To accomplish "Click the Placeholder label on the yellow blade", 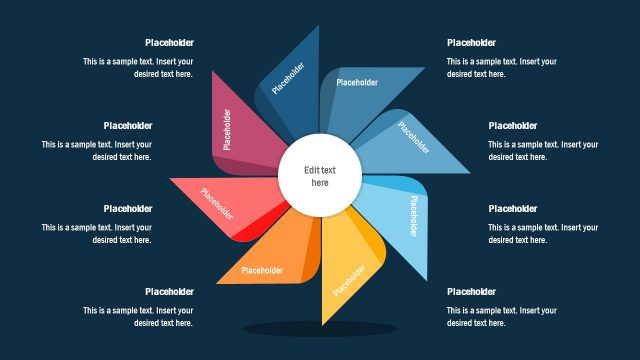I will click(x=349, y=278).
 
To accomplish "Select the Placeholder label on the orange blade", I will click(x=263, y=270).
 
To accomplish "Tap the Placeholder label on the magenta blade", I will click(x=227, y=129).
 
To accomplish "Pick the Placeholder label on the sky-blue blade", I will click(x=414, y=216).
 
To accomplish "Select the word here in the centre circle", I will click(x=320, y=183).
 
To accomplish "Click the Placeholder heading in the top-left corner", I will click(x=169, y=43).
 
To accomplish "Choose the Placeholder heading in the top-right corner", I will click(x=471, y=43).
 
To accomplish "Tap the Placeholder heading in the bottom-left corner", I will click(x=169, y=292).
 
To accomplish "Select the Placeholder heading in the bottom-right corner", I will click(x=471, y=292).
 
